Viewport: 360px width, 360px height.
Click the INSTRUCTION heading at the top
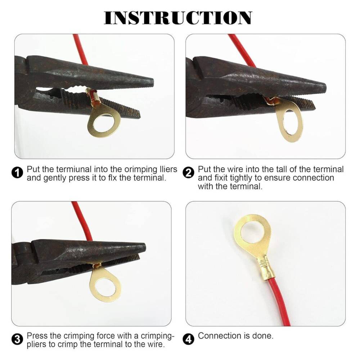point(178,18)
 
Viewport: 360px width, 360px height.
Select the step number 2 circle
point(189,173)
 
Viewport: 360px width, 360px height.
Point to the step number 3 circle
point(17,339)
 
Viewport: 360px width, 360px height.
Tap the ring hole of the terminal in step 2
point(290,123)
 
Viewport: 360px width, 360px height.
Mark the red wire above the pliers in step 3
point(81,221)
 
